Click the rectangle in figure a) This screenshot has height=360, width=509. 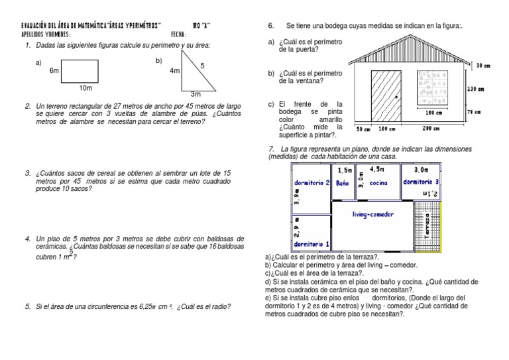(81, 71)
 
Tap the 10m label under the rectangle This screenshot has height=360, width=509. (85, 88)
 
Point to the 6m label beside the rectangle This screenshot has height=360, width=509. (54, 70)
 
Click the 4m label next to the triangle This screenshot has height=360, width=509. (175, 70)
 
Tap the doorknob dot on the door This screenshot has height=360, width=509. (396, 97)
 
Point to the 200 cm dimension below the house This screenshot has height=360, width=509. (432, 129)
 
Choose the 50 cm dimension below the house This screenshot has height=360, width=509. (363, 129)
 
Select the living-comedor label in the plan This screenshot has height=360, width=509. (372, 213)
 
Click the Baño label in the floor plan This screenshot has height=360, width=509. (343, 182)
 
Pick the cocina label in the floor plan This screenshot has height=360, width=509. (378, 182)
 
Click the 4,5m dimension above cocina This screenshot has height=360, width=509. (377, 170)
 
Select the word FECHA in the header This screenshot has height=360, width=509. (179, 34)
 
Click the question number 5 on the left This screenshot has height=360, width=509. (28, 306)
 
